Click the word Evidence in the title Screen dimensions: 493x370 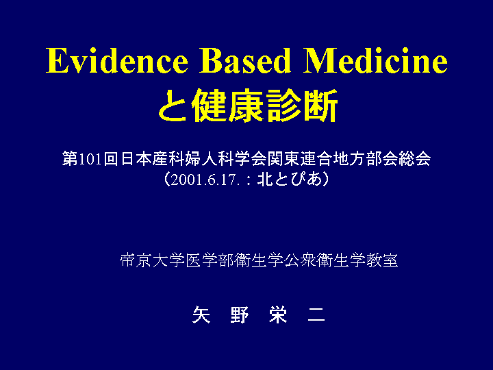(117, 61)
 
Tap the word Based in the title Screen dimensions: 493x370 (245, 61)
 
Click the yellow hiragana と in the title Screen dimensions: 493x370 (173, 106)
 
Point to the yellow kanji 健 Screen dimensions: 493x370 (210, 106)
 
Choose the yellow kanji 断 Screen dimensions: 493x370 (320, 106)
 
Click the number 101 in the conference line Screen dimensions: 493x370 (90, 159)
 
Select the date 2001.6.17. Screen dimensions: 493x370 (204, 180)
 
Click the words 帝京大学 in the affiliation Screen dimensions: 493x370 (152, 260)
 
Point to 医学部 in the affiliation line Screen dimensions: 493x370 (210, 260)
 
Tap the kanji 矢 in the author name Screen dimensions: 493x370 (201, 314)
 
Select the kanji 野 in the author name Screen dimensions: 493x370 (240, 314)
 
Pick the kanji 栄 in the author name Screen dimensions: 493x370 (278, 314)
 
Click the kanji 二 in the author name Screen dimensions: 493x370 (316, 314)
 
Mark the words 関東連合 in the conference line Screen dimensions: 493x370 (300, 158)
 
